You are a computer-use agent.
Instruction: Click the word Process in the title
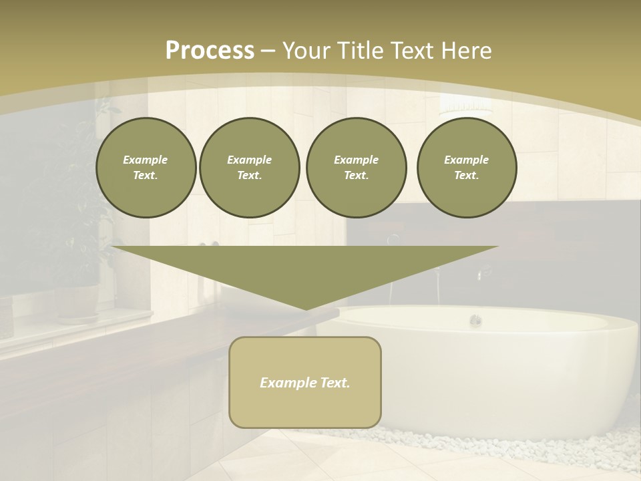pos(210,51)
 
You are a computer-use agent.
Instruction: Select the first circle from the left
pos(146,168)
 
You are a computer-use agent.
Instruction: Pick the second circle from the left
pos(249,168)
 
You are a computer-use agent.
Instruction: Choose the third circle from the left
pos(356,168)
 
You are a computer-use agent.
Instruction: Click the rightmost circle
pos(466,168)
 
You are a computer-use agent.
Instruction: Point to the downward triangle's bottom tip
pos(306,308)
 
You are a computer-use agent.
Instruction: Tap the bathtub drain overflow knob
pos(475,320)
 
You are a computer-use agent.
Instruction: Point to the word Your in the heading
pos(306,51)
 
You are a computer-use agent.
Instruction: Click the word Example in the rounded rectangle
pos(283,383)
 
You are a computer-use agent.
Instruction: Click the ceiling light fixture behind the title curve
pos(458,104)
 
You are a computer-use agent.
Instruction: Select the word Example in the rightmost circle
pos(466,160)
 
